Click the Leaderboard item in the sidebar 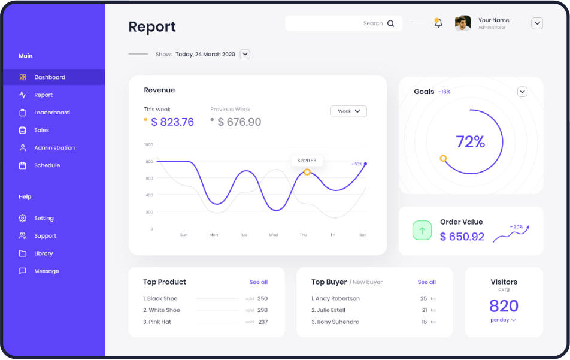[51, 113]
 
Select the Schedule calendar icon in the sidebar [23, 165]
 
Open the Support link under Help [45, 236]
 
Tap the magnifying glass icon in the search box [391, 23]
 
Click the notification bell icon [438, 23]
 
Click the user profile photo [463, 23]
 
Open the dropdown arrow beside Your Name [537, 23]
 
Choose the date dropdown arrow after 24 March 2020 [245, 54]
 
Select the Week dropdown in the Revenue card [348, 111]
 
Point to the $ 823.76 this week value [172, 122]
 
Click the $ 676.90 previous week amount [239, 122]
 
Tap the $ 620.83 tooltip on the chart [307, 161]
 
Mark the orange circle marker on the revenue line [307, 172]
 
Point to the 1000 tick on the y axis [148, 145]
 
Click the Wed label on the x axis [273, 235]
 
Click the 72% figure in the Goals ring [471, 142]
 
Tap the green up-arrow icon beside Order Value [422, 231]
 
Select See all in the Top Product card [259, 282]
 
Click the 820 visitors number [504, 306]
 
